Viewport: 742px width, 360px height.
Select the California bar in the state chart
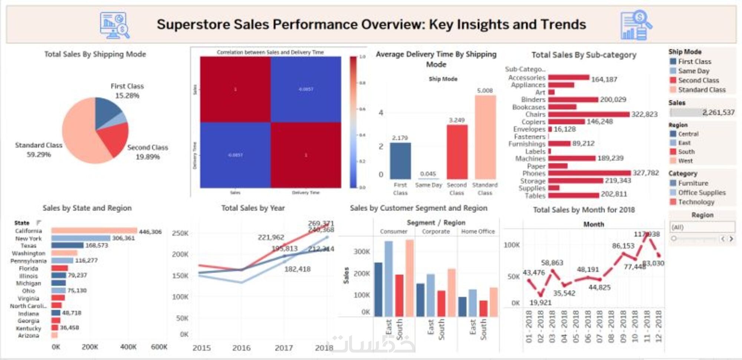[94, 231]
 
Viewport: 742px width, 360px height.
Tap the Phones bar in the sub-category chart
[589, 173]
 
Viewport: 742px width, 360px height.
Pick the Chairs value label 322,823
[644, 114]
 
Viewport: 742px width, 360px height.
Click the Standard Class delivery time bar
[485, 137]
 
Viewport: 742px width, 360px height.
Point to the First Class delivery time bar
[400, 161]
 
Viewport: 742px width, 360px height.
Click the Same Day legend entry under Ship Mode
[693, 71]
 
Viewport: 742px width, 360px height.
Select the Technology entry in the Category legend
[696, 202]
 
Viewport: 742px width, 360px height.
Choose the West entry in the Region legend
[685, 161]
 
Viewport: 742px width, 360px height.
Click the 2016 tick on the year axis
[242, 348]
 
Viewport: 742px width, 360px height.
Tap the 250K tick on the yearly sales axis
[180, 233]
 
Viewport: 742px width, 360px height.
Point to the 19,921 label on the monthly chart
[540, 302]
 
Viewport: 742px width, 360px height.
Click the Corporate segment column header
[436, 232]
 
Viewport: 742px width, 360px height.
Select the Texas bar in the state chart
[67, 245]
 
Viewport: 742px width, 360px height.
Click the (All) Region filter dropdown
[702, 227]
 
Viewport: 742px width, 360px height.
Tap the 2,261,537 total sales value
[718, 112]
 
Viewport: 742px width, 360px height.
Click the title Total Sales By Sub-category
[584, 55]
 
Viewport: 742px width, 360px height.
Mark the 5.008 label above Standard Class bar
[485, 91]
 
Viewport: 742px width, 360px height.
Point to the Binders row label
[533, 99]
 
